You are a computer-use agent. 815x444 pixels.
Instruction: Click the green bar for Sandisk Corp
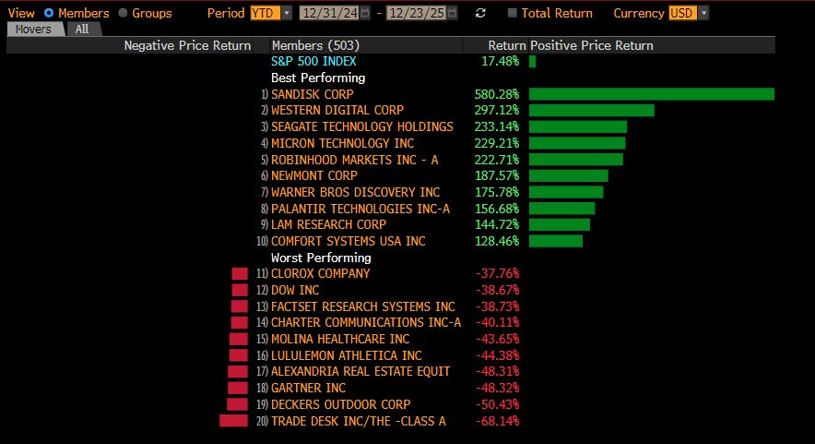tap(651, 94)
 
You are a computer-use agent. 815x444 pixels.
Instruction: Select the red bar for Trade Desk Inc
tap(234, 421)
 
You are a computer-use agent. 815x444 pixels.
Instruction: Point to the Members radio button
tap(50, 13)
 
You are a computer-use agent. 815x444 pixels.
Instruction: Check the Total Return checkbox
tap(513, 13)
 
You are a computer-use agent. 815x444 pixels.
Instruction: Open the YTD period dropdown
tap(271, 13)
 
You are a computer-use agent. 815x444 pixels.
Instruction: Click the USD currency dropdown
tap(689, 13)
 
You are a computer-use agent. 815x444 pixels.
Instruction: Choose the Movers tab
tap(35, 29)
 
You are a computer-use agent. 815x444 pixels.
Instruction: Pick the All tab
tap(82, 29)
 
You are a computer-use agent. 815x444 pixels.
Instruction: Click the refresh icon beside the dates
tap(480, 13)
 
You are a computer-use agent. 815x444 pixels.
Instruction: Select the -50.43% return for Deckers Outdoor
tap(497, 404)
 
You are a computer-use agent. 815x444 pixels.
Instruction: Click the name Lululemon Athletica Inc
tap(347, 355)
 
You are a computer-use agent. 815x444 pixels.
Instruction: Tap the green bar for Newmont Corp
tap(568, 175)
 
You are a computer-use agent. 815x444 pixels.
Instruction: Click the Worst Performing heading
tap(321, 258)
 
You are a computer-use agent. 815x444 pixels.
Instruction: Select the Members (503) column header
tap(314, 45)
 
